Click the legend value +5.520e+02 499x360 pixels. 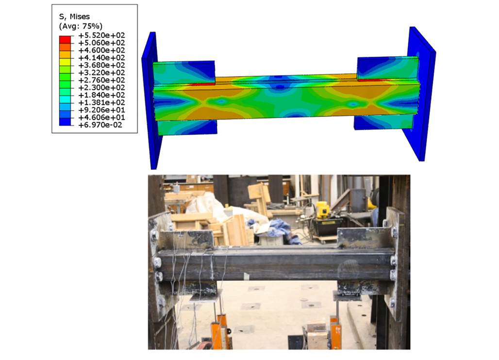click(101, 35)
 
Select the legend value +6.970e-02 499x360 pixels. click(100, 125)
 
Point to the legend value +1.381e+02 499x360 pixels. click(101, 102)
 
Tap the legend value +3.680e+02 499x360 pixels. click(101, 65)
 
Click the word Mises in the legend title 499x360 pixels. click(80, 16)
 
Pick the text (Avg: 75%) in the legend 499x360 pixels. click(81, 26)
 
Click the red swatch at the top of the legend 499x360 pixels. click(65, 39)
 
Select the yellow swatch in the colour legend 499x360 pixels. click(65, 62)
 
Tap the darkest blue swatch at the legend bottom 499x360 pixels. click(65, 121)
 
